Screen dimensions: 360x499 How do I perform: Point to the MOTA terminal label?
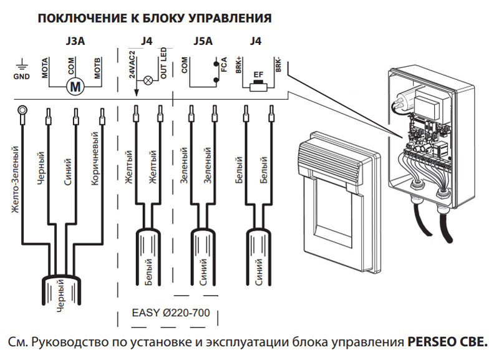46,67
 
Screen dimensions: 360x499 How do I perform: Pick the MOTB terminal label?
99,67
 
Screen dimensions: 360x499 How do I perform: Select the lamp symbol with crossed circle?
149,80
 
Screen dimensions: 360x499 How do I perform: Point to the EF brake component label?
256,74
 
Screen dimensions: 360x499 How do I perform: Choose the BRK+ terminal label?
240,66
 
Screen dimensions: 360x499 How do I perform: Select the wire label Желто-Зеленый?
14,178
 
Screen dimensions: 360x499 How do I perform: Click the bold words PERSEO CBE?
447,343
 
